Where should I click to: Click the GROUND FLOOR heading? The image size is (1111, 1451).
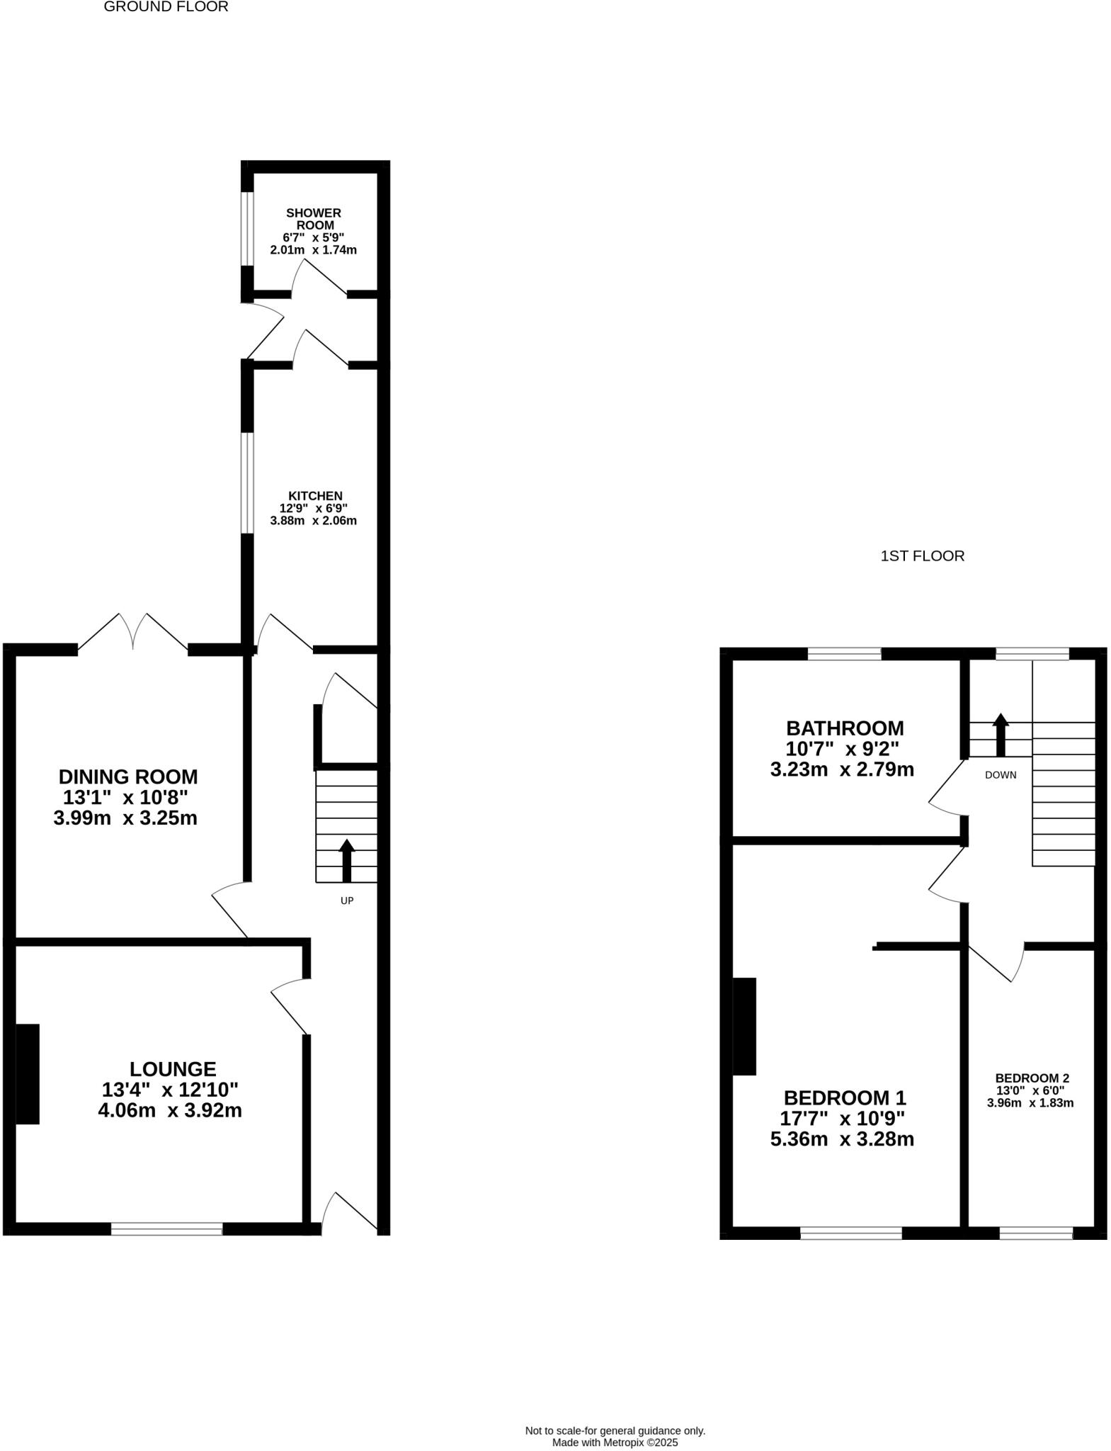pos(166,7)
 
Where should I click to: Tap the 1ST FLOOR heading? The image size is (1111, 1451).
pos(922,556)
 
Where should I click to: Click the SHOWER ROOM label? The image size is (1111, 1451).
pos(314,219)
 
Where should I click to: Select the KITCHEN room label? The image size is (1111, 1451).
pos(315,496)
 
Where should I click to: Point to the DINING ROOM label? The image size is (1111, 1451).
pos(127,777)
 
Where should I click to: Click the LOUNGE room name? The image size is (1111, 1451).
pos(173,1068)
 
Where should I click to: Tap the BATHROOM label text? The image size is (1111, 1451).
pos(845,728)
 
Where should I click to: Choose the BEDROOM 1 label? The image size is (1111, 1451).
pos(845,1098)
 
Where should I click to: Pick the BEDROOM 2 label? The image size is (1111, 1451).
pos(1032,1078)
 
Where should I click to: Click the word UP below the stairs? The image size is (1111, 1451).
pos(347,900)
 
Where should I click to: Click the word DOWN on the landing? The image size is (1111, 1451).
pos(1001,775)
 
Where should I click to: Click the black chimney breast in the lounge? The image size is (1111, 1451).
pos(28,1073)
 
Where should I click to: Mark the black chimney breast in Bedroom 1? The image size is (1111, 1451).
pos(744,1026)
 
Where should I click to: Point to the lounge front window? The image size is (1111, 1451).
pos(167,1229)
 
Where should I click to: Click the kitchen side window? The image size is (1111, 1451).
pos(246,482)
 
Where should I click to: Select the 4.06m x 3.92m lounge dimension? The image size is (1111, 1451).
pos(170,1110)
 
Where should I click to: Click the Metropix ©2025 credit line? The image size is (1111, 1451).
pos(615,1442)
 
